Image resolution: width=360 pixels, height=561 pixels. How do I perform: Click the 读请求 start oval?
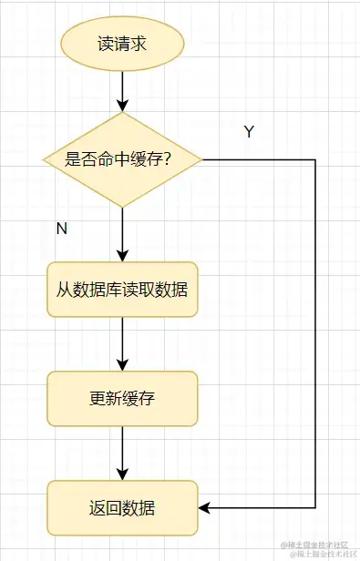point(122,44)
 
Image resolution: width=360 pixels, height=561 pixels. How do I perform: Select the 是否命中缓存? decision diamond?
point(122,159)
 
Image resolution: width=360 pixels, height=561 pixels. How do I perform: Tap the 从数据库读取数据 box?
point(122,290)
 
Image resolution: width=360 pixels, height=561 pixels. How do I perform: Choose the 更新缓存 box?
point(122,399)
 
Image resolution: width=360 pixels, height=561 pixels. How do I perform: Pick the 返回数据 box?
point(122,508)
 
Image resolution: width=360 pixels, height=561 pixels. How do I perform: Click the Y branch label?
point(249,132)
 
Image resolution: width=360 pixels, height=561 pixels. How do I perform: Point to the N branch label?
point(62,229)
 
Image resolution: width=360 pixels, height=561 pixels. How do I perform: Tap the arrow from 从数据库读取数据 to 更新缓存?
point(122,343)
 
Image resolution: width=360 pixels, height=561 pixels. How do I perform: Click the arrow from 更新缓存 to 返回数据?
point(122,453)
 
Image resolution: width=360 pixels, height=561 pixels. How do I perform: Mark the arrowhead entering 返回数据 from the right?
point(204,507)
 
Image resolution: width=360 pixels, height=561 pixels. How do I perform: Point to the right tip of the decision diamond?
point(201,159)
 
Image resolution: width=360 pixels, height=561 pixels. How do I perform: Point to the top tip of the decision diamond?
point(122,113)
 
